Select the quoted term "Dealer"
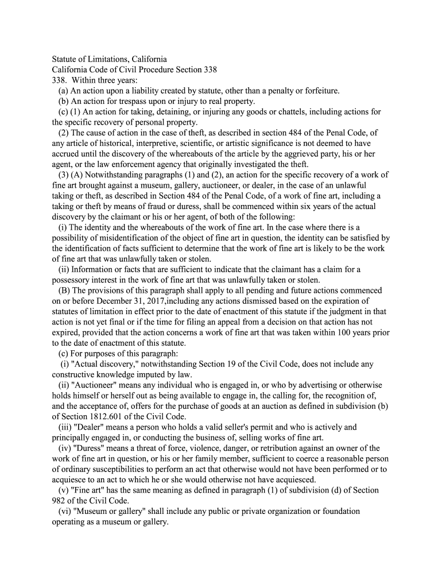pyautogui.click(x=89, y=427)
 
